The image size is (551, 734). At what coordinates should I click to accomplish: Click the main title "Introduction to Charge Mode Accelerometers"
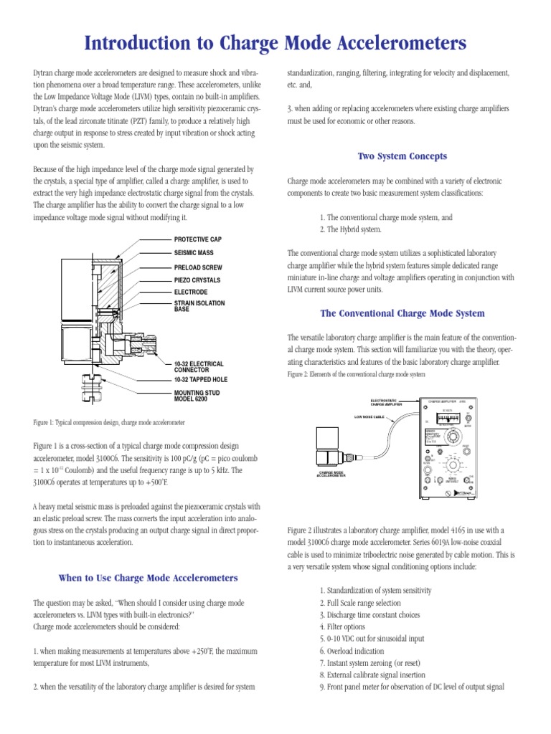pyautogui.click(x=275, y=44)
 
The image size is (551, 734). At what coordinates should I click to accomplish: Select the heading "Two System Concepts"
pyautogui.click(x=402, y=156)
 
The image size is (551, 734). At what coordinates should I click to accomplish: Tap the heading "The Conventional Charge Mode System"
pyautogui.click(x=402, y=313)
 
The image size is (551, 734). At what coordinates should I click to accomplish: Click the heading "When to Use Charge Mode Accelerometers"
pyautogui.click(x=148, y=578)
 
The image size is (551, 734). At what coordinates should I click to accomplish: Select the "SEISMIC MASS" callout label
pyautogui.click(x=194, y=253)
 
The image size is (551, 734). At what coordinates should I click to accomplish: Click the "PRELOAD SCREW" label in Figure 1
pyautogui.click(x=198, y=267)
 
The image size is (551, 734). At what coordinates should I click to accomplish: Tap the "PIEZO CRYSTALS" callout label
pyautogui.click(x=197, y=280)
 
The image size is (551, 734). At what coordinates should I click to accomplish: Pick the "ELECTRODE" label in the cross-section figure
pyautogui.click(x=191, y=292)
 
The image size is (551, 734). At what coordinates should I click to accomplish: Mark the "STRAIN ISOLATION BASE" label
pyautogui.click(x=199, y=306)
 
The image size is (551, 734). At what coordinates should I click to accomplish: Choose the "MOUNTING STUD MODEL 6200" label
pyautogui.click(x=197, y=396)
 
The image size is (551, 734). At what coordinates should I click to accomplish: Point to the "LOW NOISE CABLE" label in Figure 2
pyautogui.click(x=370, y=416)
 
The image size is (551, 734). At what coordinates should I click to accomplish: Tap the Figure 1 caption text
pyautogui.click(x=113, y=422)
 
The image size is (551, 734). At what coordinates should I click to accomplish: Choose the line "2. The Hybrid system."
pyautogui.click(x=351, y=229)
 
